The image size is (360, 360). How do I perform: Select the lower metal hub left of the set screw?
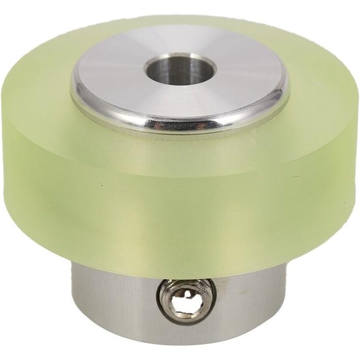(x=112, y=302)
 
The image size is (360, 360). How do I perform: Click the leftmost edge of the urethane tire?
(x=10, y=161)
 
